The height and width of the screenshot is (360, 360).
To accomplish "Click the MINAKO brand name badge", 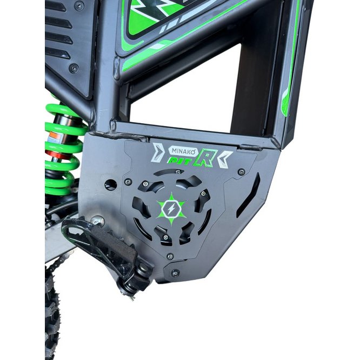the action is click(x=183, y=151).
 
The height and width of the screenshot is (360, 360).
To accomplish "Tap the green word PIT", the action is click(x=179, y=161).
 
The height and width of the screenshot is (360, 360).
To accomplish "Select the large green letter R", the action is click(x=205, y=157).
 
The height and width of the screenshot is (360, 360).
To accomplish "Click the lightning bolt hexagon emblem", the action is click(x=171, y=209).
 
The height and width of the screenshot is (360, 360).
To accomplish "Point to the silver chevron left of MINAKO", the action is click(x=158, y=152).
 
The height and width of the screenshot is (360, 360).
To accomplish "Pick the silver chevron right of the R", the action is click(x=225, y=159).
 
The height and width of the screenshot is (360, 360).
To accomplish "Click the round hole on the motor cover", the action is click(x=111, y=184).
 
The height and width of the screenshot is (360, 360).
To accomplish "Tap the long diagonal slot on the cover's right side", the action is click(x=248, y=195).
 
